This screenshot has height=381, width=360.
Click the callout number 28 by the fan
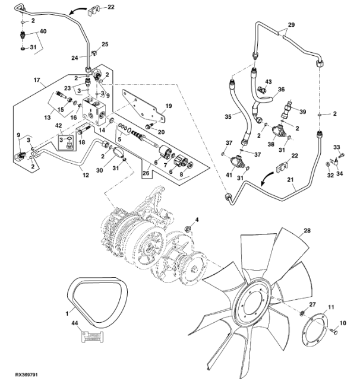tap(308, 230)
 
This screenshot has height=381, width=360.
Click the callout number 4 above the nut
tap(198, 220)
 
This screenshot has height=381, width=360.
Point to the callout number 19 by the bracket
tap(168, 106)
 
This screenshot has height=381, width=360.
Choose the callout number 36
tap(280, 90)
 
